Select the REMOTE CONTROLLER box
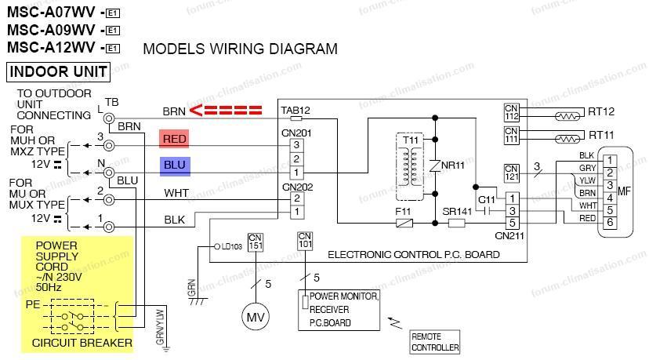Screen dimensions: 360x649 tap(435, 342)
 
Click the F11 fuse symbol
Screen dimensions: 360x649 tap(404, 223)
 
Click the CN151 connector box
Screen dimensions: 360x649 tap(256, 242)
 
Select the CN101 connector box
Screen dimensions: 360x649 tap(305, 242)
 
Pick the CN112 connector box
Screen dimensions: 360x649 tap(512, 113)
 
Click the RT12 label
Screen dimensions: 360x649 tap(601, 112)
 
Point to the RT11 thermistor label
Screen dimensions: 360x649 tap(601, 135)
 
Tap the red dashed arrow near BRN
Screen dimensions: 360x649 tap(227, 110)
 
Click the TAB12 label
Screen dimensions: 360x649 tap(295, 111)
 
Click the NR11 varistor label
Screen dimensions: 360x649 tap(452, 166)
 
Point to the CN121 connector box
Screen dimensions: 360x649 tap(512, 171)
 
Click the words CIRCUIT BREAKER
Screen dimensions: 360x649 tap(76, 343)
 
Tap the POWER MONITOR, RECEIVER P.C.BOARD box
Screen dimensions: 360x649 tap(343, 309)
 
